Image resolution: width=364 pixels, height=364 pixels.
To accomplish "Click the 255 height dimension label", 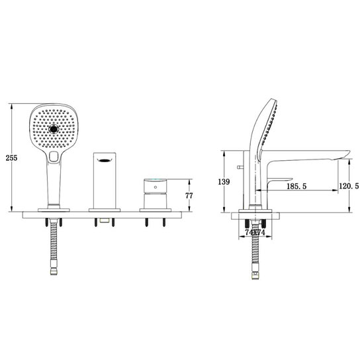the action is point(12,158).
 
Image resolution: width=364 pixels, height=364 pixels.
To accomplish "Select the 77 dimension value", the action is point(189,196).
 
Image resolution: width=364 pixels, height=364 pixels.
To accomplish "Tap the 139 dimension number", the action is point(224,182).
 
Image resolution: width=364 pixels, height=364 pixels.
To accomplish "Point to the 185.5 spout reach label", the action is point(296,186).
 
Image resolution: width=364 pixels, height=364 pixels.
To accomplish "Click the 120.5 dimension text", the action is point(349,186).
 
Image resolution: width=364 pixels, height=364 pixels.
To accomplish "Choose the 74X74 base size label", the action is point(255,232).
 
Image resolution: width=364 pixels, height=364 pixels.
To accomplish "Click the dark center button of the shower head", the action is point(54,128).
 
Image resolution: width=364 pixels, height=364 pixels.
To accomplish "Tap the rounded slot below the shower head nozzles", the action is point(54,156).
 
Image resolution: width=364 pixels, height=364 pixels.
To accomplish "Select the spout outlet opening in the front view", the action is point(105,160).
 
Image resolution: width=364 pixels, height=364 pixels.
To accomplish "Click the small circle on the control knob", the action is point(156,187).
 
